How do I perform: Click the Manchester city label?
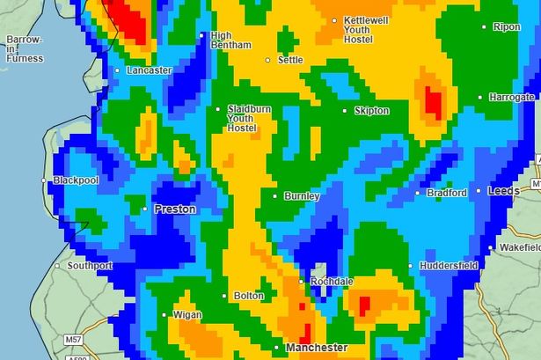tap(316, 349)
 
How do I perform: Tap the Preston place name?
tap(174, 209)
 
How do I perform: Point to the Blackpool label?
tap(76, 180)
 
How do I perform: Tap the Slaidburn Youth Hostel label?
tap(243, 118)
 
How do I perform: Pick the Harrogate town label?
tap(512, 97)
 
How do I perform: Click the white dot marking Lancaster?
tap(118, 70)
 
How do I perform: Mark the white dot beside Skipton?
tap(346, 111)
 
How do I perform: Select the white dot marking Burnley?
tap(275, 196)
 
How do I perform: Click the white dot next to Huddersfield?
tap(411, 265)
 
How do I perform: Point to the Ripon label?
tap(507, 27)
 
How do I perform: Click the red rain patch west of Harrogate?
tap(432, 102)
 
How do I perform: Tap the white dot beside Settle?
tap(270, 61)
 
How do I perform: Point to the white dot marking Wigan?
tap(164, 314)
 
